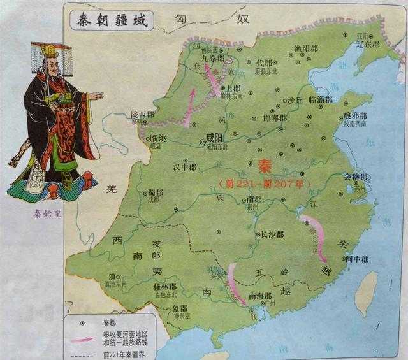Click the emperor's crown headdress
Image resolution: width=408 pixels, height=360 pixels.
click(45, 49)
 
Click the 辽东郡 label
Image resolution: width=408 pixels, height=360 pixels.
click(367, 46)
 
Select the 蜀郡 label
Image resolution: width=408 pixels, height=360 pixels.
click(156, 192)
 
